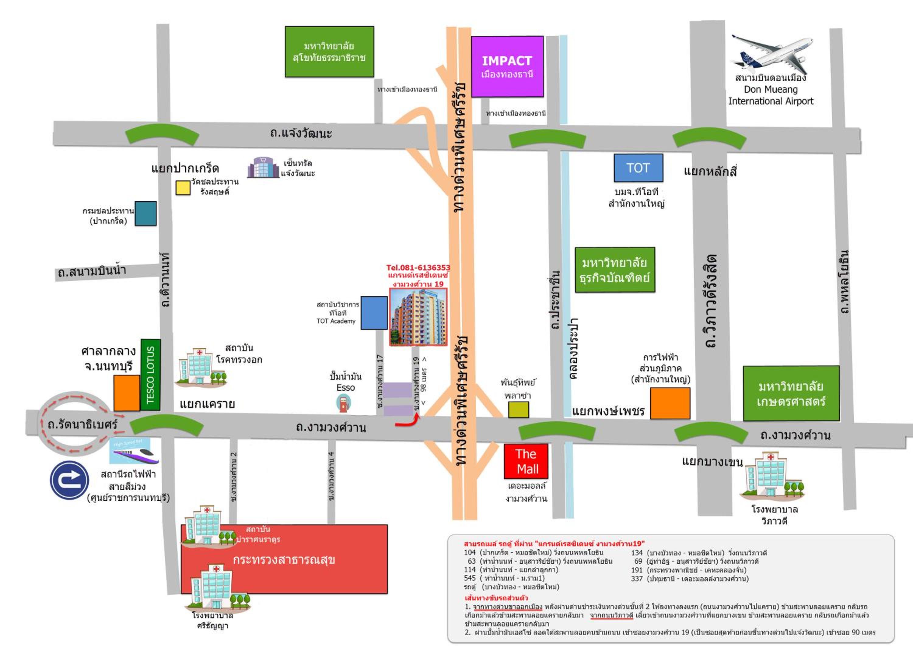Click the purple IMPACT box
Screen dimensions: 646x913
[507, 66]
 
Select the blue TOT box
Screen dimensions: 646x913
[638, 168]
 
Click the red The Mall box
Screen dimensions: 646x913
[526, 461]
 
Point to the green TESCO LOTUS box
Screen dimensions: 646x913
[151, 374]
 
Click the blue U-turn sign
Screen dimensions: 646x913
[69, 480]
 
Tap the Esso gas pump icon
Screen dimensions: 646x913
[344, 403]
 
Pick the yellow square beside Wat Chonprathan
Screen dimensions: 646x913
[183, 188]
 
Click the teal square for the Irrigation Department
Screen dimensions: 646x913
[145, 214]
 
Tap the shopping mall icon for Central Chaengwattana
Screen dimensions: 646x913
[263, 168]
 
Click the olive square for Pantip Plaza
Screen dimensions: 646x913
[519, 410]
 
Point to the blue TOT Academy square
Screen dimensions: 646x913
[374, 313]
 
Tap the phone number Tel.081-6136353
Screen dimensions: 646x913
[418, 268]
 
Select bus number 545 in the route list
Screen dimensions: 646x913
[470, 578]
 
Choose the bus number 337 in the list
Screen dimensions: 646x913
[637, 578]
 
